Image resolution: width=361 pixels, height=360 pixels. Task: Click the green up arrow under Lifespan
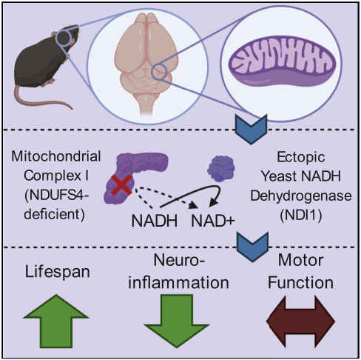pyautogui.click(x=56, y=321)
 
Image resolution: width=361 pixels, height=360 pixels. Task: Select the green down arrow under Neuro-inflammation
pyautogui.click(x=177, y=321)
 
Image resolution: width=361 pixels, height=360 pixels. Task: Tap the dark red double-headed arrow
pyautogui.click(x=300, y=321)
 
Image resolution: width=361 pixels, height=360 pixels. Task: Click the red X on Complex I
pyautogui.click(x=121, y=185)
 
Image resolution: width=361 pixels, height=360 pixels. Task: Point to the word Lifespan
pyautogui.click(x=58, y=272)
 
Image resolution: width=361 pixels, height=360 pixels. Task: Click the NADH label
pyautogui.click(x=155, y=221)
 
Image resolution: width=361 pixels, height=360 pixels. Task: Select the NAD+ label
pyautogui.click(x=213, y=221)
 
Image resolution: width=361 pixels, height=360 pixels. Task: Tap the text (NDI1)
pyautogui.click(x=301, y=215)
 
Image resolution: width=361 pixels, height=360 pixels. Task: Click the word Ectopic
pyautogui.click(x=301, y=157)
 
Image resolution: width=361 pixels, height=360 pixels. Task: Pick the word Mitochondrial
pyautogui.click(x=56, y=156)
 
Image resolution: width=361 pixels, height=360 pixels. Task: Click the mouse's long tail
pyautogui.click(x=39, y=99)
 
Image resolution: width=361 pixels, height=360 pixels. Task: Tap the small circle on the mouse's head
pyautogui.click(x=64, y=38)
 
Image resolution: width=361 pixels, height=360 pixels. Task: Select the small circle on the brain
pyautogui.click(x=159, y=72)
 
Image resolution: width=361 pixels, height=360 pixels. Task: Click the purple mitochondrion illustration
pyautogui.click(x=283, y=61)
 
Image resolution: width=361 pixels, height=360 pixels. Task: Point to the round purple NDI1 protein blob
pyautogui.click(x=221, y=168)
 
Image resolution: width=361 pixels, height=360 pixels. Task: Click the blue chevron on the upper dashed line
pyautogui.click(x=251, y=129)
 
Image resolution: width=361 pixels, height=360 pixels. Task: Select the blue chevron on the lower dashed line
pyautogui.click(x=252, y=247)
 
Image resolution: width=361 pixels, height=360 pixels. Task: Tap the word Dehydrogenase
pyautogui.click(x=301, y=196)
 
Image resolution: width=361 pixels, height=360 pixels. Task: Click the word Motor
pyautogui.click(x=300, y=260)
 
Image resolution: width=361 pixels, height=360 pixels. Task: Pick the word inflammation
pyautogui.click(x=178, y=282)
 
